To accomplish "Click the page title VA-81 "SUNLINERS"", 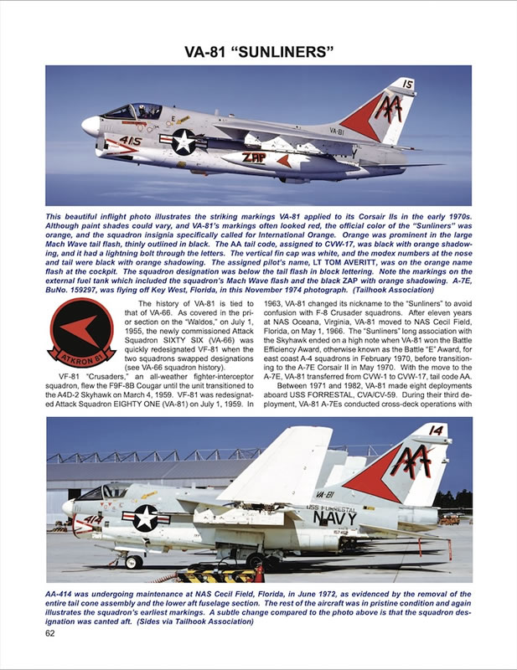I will point(258,53).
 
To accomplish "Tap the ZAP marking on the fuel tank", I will point(255,157).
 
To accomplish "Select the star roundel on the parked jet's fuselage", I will point(145,517).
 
